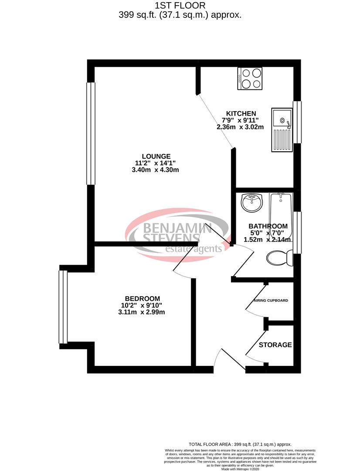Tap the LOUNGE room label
click(156, 156)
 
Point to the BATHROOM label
click(268, 226)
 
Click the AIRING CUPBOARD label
click(270, 301)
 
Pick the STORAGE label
click(275, 345)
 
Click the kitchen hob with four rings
click(250, 79)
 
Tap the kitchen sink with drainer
click(282, 130)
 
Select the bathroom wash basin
click(251, 202)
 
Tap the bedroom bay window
click(63, 307)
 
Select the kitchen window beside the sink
click(297, 122)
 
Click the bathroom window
click(297, 232)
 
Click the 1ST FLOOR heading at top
click(180, 6)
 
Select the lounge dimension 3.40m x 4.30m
click(156, 170)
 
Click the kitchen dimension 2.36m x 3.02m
click(241, 127)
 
